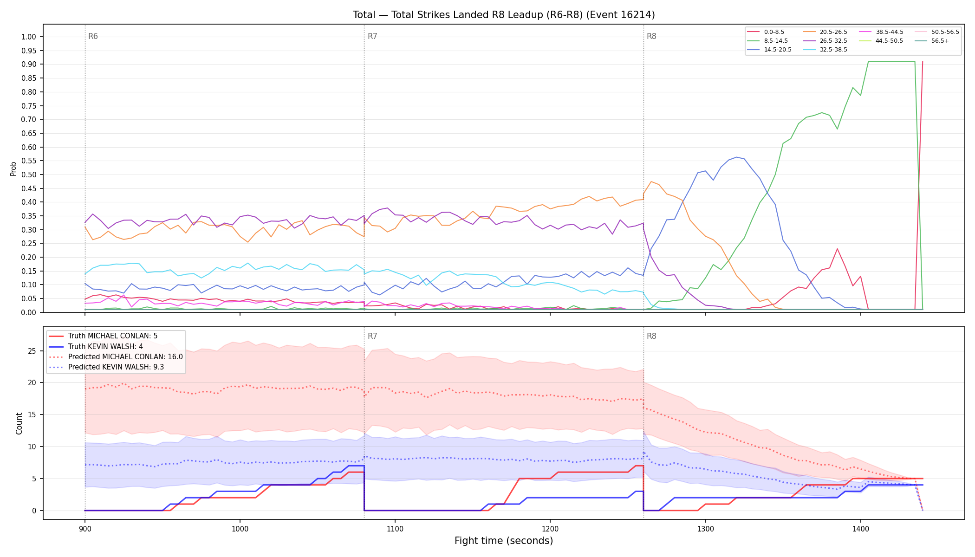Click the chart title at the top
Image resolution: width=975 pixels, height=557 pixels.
pyautogui.click(x=504, y=15)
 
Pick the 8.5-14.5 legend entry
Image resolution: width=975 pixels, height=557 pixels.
pyautogui.click(x=767, y=41)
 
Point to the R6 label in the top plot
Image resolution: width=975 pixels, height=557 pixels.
pyautogui.click(x=93, y=36)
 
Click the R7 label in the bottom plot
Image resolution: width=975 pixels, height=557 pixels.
pyautogui.click(x=372, y=336)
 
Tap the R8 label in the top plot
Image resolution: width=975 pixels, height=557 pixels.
pyautogui.click(x=651, y=36)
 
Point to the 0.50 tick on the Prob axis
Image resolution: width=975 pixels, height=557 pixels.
pyautogui.click(x=29, y=175)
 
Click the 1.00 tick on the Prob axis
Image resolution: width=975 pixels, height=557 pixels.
pyautogui.click(x=29, y=37)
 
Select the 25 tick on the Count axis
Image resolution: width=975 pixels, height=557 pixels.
pyautogui.click(x=32, y=351)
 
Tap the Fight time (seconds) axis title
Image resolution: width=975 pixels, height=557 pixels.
pyautogui.click(x=504, y=541)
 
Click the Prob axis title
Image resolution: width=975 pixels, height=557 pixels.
pyautogui.click(x=13, y=168)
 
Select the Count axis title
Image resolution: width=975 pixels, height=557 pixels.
pyautogui.click(x=19, y=423)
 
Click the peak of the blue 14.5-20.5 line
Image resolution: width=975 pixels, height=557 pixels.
pyautogui.click(x=736, y=157)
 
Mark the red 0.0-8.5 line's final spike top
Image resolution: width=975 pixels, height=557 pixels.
pyautogui.click(x=923, y=61)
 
